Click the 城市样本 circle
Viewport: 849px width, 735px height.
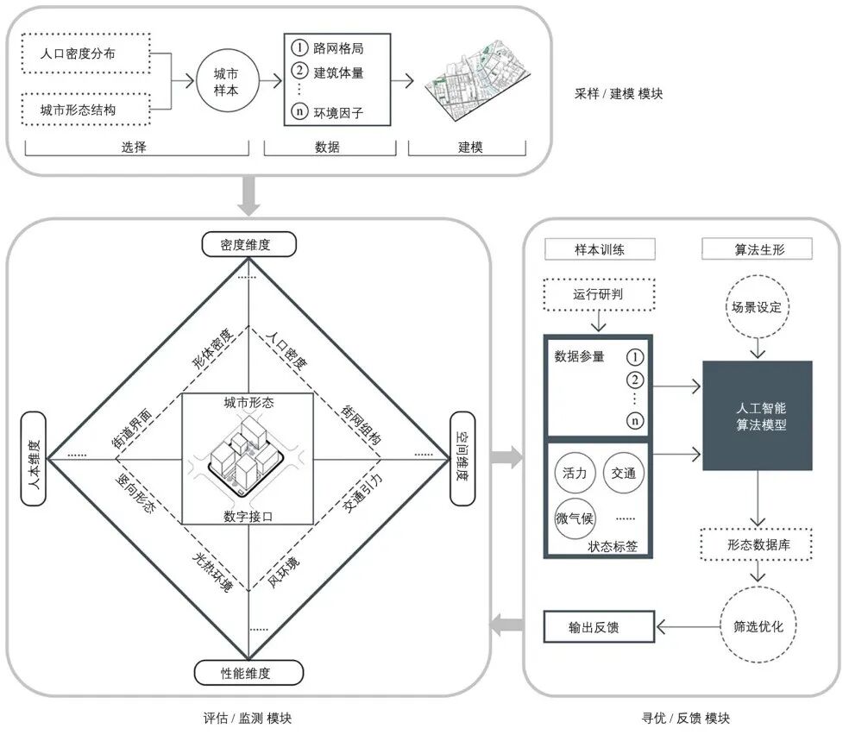[x=226, y=82]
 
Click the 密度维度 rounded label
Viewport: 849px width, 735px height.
[x=248, y=245]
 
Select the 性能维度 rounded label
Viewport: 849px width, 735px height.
[x=248, y=672]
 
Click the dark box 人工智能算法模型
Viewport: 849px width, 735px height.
[x=758, y=415]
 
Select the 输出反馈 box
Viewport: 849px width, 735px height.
[x=599, y=627]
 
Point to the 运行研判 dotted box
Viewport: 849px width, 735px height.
[x=599, y=294]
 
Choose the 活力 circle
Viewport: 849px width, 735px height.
[x=575, y=474]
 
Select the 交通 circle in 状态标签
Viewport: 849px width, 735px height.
[x=623, y=474]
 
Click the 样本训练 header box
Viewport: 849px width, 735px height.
[x=599, y=250]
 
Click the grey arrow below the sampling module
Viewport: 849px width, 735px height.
[x=248, y=198]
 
